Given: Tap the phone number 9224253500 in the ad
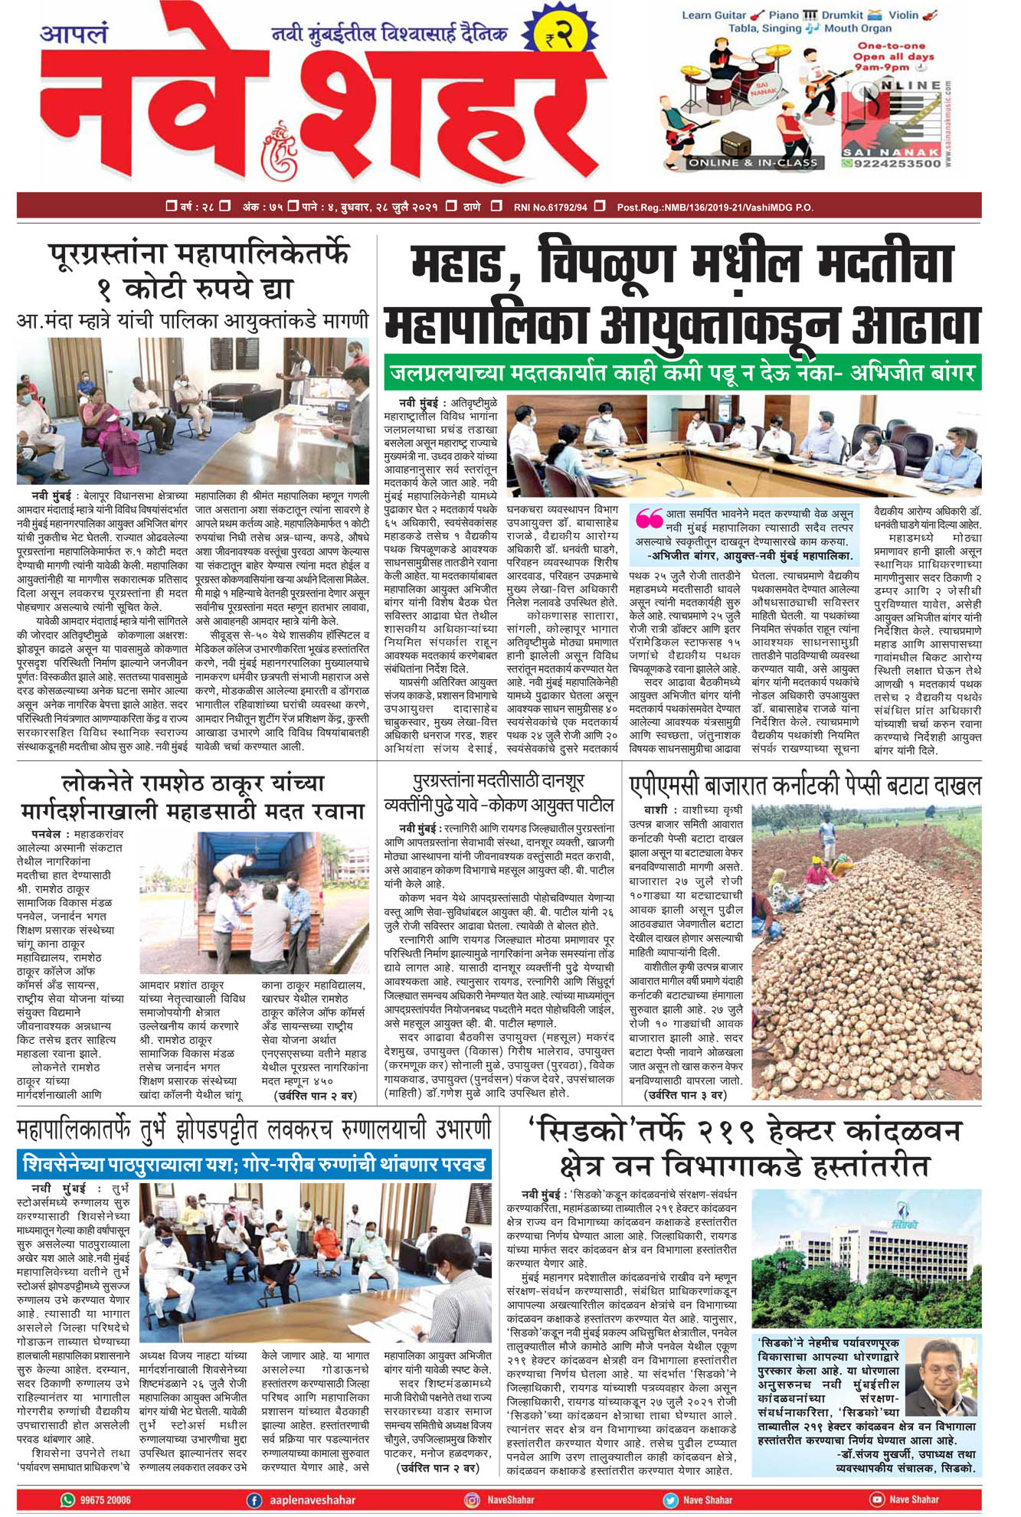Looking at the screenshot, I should (x=892, y=163).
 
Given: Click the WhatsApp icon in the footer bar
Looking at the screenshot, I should (x=68, y=1499).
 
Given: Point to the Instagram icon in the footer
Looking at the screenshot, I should (x=473, y=1499).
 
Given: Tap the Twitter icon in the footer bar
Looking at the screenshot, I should (x=670, y=1499).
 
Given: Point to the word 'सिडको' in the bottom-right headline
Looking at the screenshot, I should (x=588, y=1131).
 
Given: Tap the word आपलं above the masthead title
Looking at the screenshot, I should (x=74, y=34).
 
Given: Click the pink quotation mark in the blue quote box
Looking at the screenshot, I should (x=649, y=518).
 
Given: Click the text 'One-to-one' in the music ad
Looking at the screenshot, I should (x=891, y=46).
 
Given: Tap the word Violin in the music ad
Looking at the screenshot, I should (x=904, y=15).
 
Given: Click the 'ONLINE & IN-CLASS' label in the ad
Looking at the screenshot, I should (x=753, y=162).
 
